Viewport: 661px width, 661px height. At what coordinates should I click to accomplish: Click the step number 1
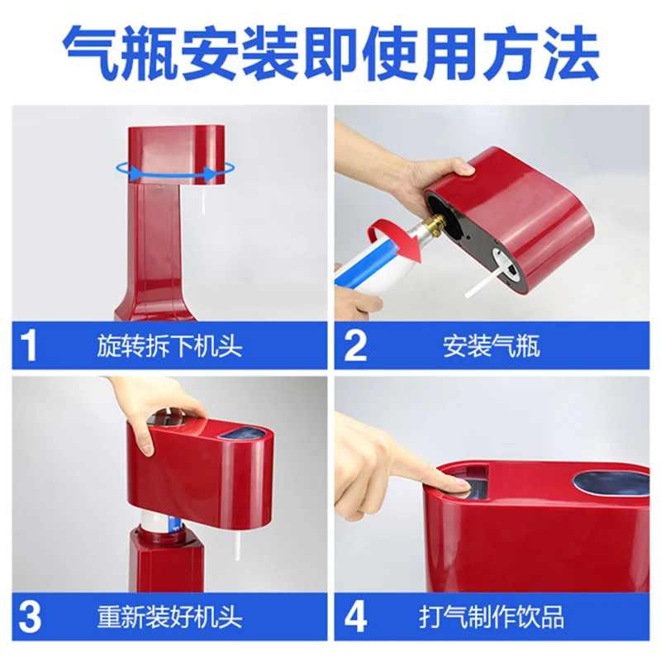[x=29, y=345]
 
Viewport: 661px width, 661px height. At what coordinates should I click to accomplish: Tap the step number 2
[x=355, y=345]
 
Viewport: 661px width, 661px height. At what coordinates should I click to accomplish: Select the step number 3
[x=30, y=616]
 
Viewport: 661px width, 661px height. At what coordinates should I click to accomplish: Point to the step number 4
[x=356, y=616]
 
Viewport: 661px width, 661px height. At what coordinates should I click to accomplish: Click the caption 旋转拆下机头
[x=169, y=346]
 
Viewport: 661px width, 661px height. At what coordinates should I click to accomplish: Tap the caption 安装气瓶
[x=491, y=346]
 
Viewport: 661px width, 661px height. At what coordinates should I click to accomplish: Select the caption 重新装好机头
[x=169, y=617]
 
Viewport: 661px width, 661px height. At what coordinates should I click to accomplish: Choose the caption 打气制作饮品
[x=492, y=617]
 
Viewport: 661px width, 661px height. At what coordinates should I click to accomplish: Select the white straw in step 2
[x=485, y=280]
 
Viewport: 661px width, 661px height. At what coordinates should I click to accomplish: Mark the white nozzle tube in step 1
[x=205, y=199]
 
